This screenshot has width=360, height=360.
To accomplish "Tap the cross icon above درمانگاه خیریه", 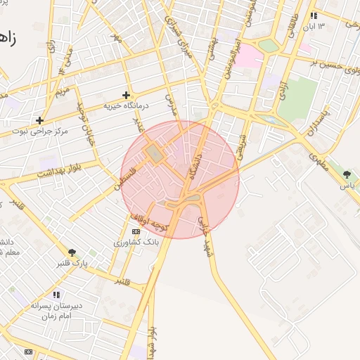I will tap(127, 95).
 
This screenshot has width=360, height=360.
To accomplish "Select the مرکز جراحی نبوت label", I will tap(45, 131).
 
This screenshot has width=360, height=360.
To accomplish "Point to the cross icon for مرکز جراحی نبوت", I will tap(39, 120).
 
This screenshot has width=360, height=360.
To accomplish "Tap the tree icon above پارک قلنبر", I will tap(72, 252).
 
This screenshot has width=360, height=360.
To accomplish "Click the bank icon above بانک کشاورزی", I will tap(136, 231).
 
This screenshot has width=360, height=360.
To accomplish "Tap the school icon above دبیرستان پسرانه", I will tap(56, 295).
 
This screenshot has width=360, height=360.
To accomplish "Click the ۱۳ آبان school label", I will tap(314, 27).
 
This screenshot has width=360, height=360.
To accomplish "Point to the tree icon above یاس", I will tap(347, 174).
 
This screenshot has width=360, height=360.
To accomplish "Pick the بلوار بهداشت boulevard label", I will tap(56, 171).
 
